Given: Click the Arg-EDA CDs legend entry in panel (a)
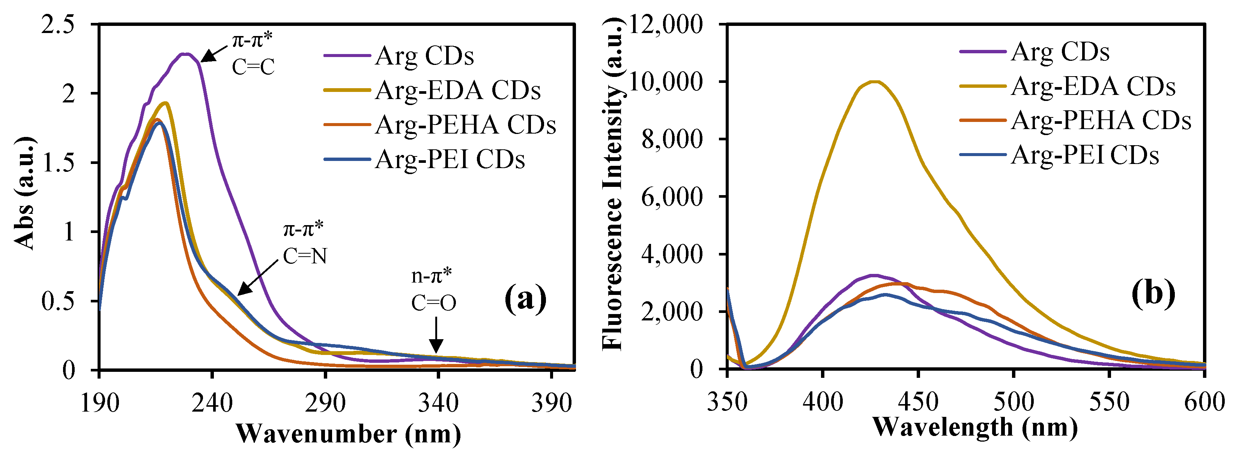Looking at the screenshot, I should point(457,90).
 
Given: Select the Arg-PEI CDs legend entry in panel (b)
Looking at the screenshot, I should point(1085,155).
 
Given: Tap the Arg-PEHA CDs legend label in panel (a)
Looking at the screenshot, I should point(465,125).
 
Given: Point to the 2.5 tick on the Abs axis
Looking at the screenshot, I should point(58,24).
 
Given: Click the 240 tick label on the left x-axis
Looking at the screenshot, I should point(212,403).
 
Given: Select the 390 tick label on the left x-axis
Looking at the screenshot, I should point(552,403).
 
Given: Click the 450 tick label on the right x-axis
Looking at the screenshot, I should point(918,402).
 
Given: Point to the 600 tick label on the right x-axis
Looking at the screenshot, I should point(1204,402).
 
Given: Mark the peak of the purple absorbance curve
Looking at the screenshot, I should point(185,54).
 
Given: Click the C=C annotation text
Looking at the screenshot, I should point(253,67).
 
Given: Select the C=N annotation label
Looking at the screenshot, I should point(305,256).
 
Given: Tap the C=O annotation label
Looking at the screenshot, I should point(434,303).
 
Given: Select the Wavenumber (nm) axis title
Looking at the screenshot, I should point(349,434).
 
